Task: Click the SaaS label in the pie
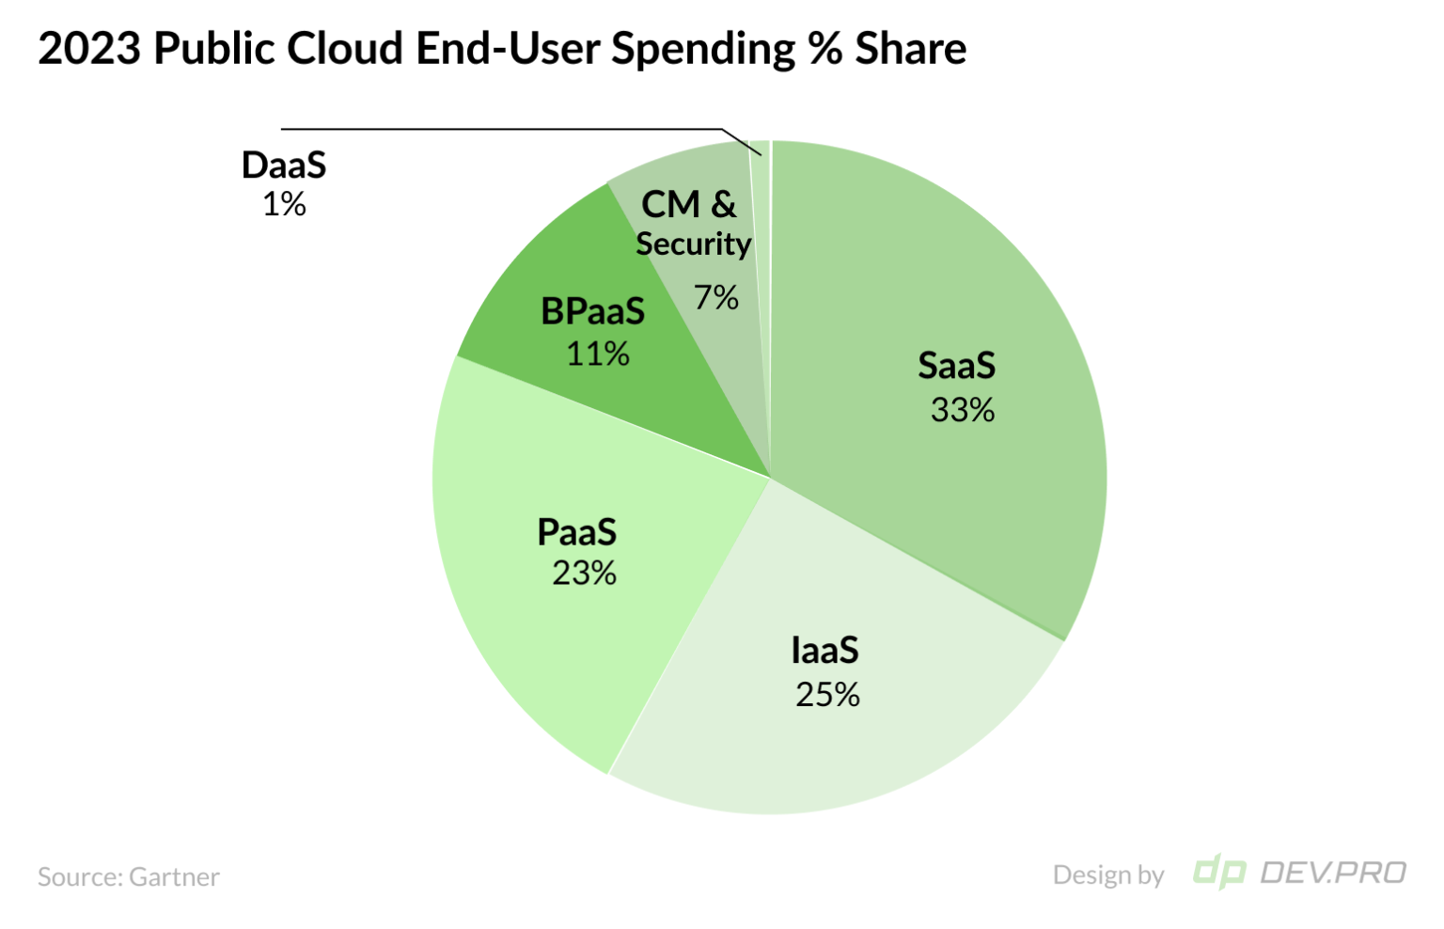click(956, 366)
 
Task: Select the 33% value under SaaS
click(962, 410)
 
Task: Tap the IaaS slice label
click(824, 651)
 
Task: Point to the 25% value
click(827, 695)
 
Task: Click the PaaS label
click(576, 532)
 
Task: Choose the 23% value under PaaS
click(584, 573)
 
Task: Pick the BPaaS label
click(592, 311)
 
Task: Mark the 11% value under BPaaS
click(597, 354)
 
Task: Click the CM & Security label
click(693, 224)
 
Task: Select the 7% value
click(716, 298)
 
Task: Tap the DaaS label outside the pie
click(284, 165)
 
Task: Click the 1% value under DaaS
click(284, 204)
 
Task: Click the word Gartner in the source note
click(174, 877)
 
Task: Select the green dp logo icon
click(1218, 873)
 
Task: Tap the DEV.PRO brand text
click(1332, 874)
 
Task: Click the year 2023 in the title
click(88, 49)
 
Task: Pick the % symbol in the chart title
click(824, 49)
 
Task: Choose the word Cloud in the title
click(344, 49)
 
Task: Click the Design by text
click(1108, 875)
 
